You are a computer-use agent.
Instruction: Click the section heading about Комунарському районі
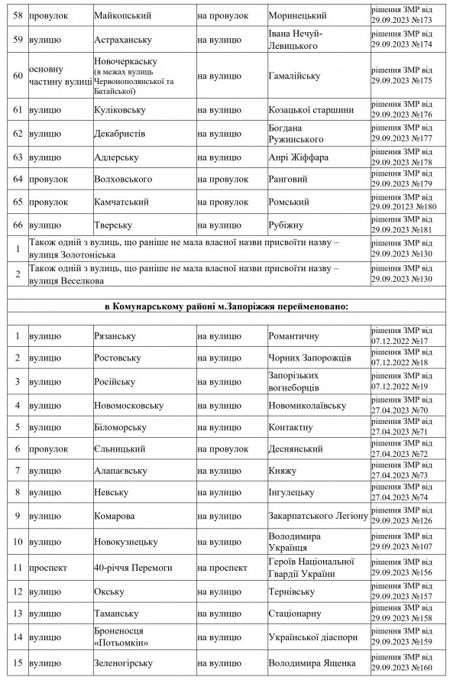point(226,306)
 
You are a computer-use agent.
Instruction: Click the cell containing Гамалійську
point(294,76)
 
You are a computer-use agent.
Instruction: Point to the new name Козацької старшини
point(311,110)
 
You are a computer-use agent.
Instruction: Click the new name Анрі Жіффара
point(298,157)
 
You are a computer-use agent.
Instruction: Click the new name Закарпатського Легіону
point(318,516)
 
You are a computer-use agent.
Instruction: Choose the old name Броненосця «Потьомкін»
point(120,638)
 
